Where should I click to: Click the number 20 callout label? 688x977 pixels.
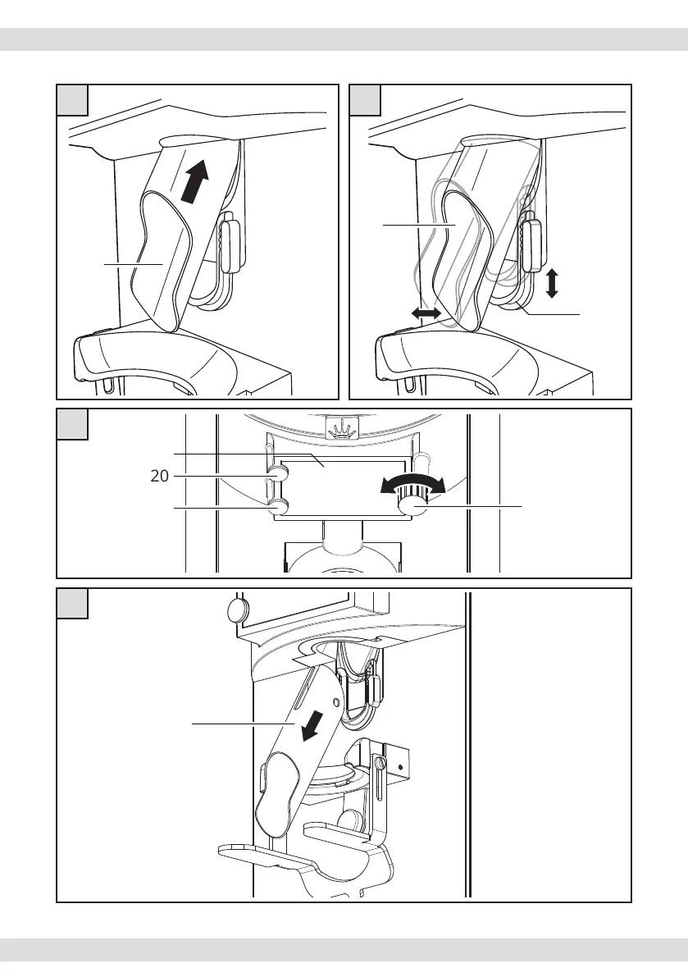[x=158, y=476]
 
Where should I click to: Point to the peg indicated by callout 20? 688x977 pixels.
[x=278, y=475]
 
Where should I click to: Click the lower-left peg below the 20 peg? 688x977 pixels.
[x=278, y=508]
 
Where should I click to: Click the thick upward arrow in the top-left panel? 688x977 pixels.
[x=194, y=180]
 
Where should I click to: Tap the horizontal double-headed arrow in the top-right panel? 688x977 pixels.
[x=427, y=313]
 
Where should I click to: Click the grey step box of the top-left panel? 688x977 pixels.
[x=72, y=99]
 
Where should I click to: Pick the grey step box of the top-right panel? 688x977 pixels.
[x=365, y=99]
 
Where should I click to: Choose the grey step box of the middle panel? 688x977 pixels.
[x=72, y=423]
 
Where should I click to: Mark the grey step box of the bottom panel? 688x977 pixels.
[x=72, y=603]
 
